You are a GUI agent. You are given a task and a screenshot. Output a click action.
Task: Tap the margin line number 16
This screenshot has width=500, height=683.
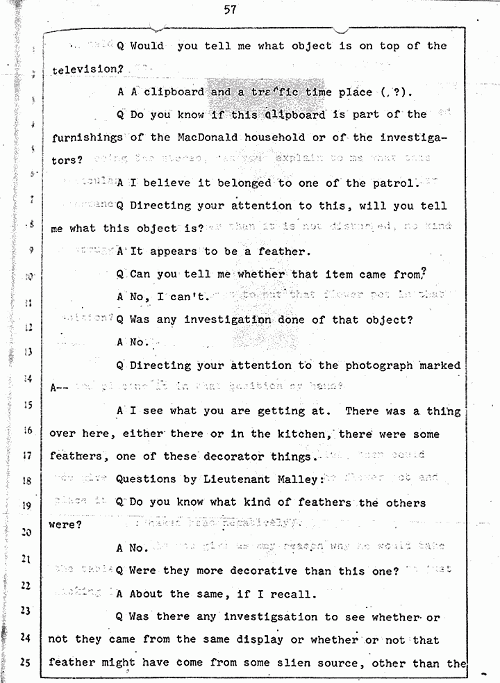pos(27,430)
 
